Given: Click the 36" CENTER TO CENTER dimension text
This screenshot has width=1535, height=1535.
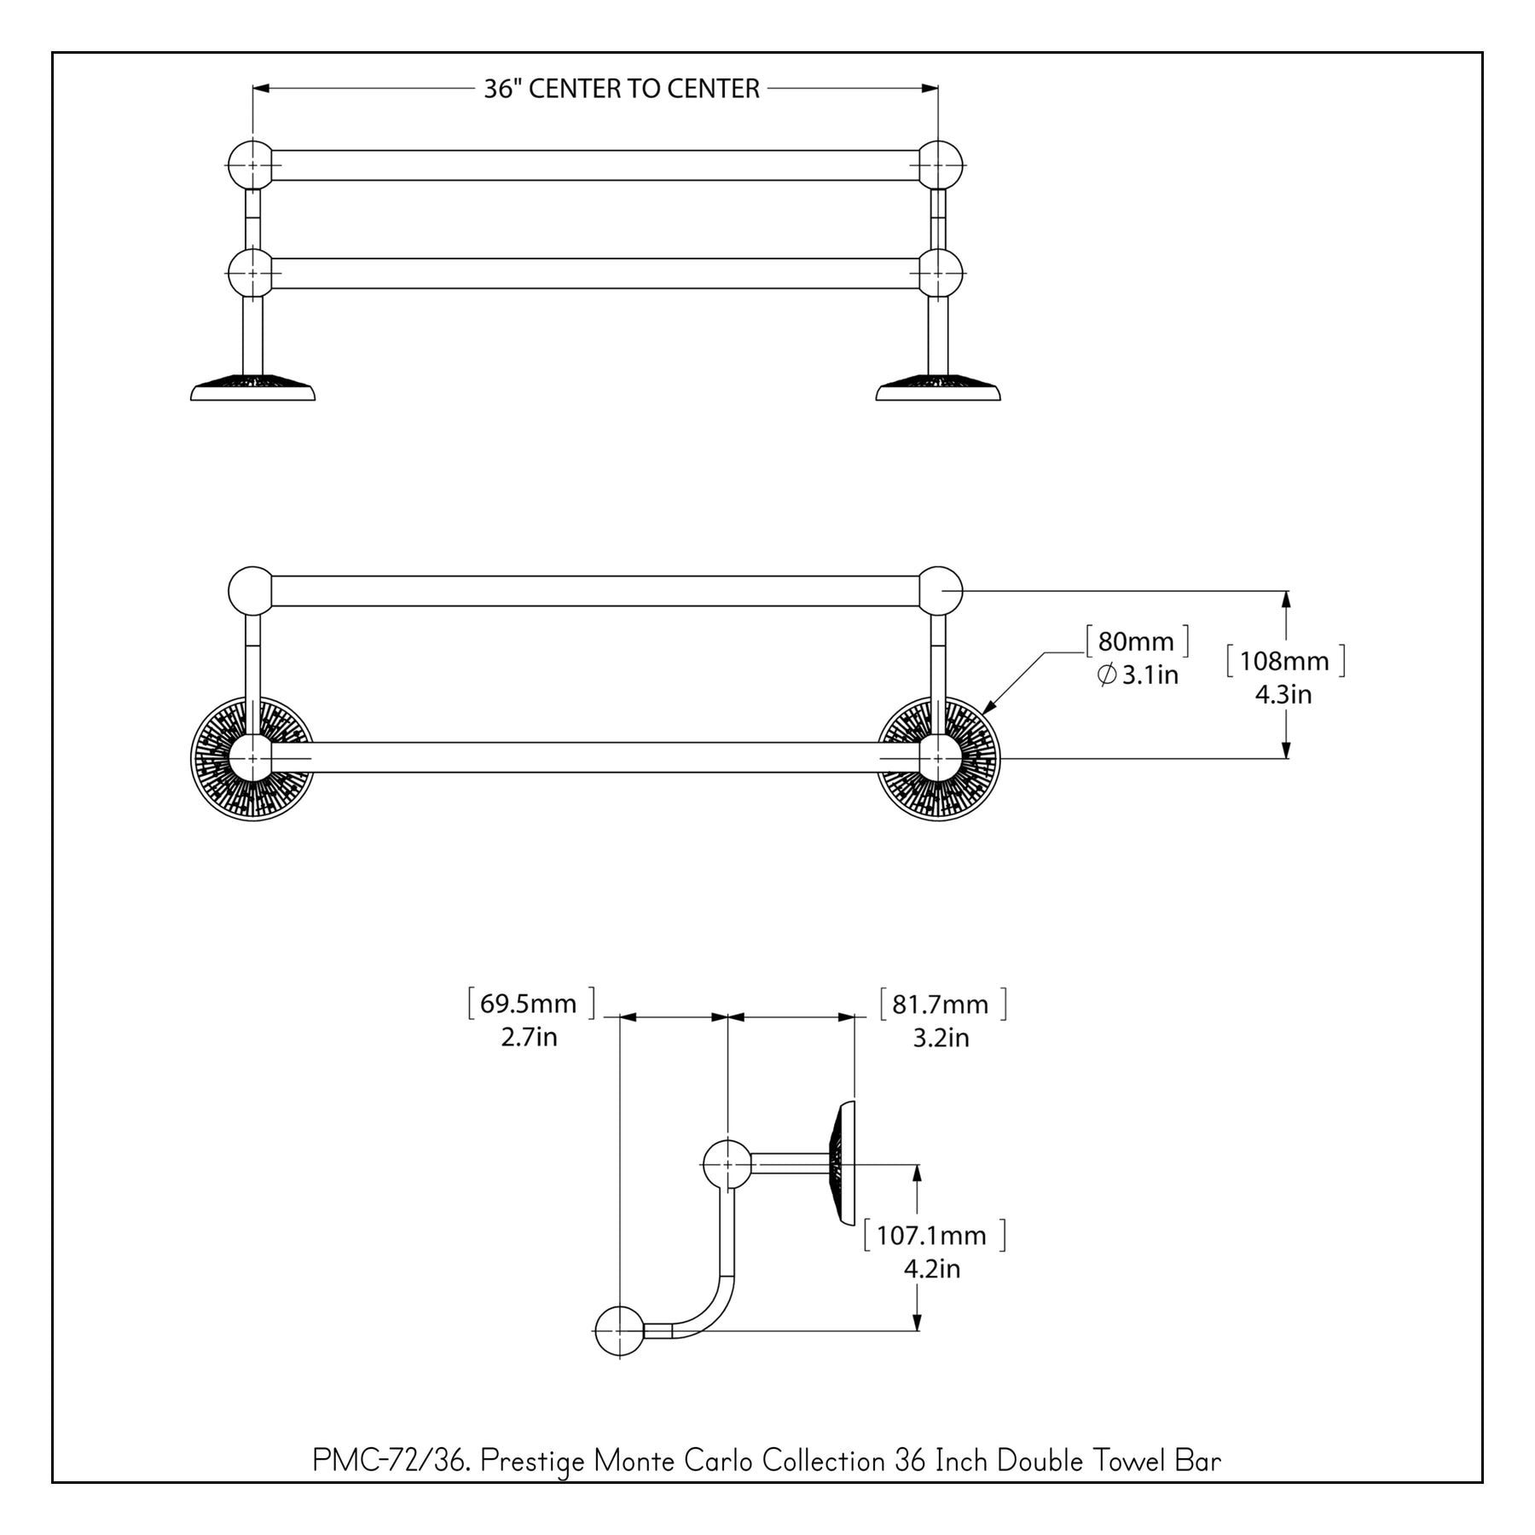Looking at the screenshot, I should coord(621,89).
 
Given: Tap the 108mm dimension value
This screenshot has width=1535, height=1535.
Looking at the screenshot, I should coord(1283,661).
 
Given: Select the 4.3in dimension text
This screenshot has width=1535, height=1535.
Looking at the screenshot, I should coord(1283,694).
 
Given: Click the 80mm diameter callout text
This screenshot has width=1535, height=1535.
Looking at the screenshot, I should coord(1136,641).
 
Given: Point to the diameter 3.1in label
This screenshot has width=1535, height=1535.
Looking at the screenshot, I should coord(1138,675).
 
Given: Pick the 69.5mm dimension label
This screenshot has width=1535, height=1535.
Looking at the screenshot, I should coord(529,1004).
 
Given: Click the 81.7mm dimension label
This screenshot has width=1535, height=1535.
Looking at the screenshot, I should coord(941,1005).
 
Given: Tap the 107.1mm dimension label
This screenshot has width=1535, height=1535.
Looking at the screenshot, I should coord(932,1236).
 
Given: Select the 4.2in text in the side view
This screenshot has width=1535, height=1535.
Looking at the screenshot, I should coord(932,1269).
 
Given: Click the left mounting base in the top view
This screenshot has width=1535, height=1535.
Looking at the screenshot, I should coord(252,388).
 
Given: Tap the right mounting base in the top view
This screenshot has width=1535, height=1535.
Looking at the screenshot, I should coord(938,388).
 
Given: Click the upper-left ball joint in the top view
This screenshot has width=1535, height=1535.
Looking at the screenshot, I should coord(251,165).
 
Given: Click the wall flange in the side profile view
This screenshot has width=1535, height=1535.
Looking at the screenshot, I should coord(841,1163).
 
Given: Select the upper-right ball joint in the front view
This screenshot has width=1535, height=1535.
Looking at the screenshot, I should coord(940,590).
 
